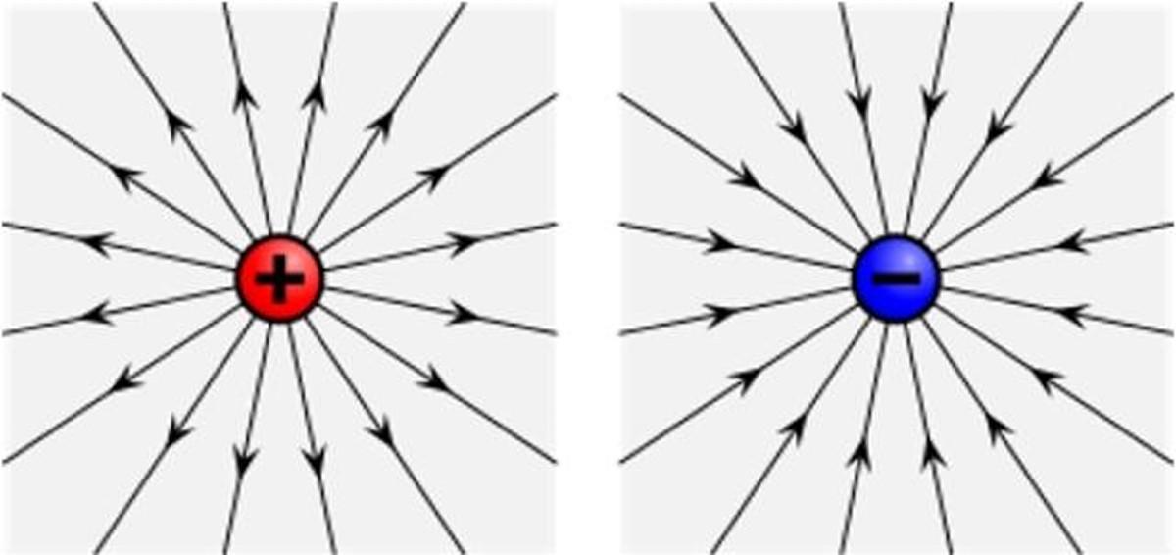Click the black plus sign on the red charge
click(279, 278)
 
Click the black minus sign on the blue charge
click(897, 278)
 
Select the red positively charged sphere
click(279, 278)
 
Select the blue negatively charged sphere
click(897, 278)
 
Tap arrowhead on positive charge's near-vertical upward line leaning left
click(244, 96)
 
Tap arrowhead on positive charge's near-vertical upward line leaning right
click(317, 96)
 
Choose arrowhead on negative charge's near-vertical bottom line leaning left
click(861, 453)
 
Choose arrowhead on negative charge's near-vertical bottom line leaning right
click(932, 453)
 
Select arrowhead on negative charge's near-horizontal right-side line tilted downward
click(1073, 315)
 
